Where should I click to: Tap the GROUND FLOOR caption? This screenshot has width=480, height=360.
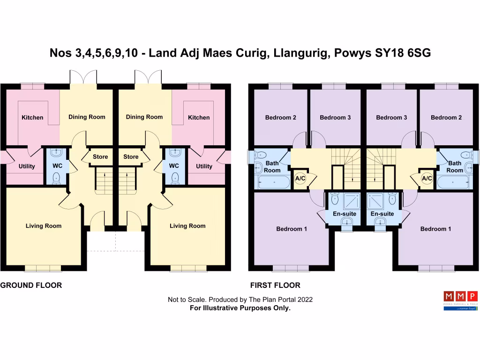[31, 285]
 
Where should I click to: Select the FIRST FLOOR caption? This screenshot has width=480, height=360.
[275, 285]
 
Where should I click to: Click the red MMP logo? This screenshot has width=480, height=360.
[460, 297]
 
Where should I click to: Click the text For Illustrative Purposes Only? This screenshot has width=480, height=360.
[240, 308]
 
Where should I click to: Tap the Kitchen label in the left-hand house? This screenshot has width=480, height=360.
[32, 118]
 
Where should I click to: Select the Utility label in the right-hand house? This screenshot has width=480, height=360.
[204, 166]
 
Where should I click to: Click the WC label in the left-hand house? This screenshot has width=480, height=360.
[57, 166]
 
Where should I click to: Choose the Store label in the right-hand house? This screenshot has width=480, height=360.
[131, 157]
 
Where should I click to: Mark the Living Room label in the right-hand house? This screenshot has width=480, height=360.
[187, 226]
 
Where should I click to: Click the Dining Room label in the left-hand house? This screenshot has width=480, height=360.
[87, 117]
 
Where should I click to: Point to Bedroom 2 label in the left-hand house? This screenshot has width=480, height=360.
[280, 118]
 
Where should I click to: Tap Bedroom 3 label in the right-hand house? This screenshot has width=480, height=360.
[391, 118]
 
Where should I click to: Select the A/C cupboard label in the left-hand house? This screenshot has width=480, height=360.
[300, 179]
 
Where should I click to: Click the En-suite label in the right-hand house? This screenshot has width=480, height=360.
[382, 214]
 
